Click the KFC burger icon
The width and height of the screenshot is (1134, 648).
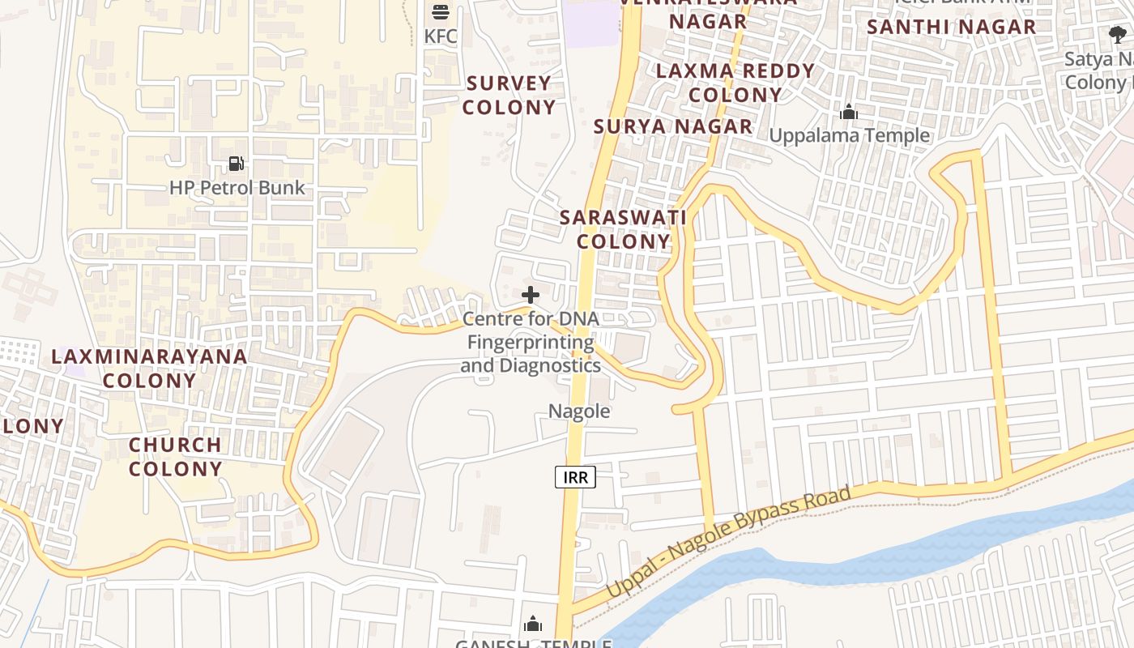[441, 11]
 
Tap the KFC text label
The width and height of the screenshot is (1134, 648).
[441, 36]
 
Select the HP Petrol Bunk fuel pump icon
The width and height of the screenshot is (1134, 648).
[236, 164]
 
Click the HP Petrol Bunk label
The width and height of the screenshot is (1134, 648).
[237, 188]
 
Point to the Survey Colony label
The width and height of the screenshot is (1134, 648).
[509, 95]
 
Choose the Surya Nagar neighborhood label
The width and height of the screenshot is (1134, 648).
[672, 126]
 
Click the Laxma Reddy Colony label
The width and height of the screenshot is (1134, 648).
[735, 83]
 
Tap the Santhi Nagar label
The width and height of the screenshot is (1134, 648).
[951, 27]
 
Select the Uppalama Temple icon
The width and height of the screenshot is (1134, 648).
[849, 112]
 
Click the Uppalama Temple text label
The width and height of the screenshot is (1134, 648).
[849, 135]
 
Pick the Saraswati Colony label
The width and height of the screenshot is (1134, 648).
[623, 229]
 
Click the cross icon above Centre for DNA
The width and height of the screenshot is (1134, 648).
[531, 295]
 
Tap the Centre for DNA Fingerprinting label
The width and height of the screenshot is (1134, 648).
[531, 342]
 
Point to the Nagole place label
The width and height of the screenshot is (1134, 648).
[579, 411]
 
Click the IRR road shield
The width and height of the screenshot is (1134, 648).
[575, 477]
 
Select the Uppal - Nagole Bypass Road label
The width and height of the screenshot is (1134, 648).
[728, 542]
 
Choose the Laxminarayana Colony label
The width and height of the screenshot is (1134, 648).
[149, 368]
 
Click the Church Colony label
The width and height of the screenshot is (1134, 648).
[175, 457]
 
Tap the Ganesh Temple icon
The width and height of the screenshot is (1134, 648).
[533, 624]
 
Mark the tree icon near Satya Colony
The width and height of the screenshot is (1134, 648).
[1118, 35]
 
